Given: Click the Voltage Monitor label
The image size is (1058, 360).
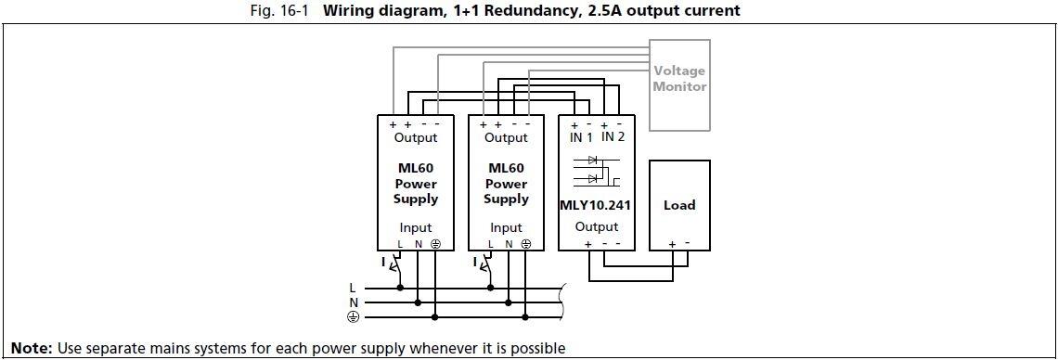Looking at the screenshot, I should tap(679, 78).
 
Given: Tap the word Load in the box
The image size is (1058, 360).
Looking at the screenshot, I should tap(679, 205).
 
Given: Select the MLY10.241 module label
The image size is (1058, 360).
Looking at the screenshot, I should tap(595, 205).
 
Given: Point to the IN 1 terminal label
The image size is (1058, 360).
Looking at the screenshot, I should tap(582, 137).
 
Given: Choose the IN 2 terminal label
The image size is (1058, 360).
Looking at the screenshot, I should tap(613, 137).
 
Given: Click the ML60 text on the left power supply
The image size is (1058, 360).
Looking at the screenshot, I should tap(415, 169).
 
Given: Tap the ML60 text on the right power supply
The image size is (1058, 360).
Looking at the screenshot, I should tap(506, 169).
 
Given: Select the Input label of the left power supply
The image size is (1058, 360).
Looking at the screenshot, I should tap(415, 227).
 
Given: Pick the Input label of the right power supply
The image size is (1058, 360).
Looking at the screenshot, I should tap(506, 227).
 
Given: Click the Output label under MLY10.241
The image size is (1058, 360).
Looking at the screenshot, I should tap(596, 226).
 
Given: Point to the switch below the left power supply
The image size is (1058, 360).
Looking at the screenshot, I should tap(392, 265).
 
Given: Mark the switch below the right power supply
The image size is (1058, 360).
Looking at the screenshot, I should tap(483, 265).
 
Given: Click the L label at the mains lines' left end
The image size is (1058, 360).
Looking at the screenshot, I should tap(352, 288).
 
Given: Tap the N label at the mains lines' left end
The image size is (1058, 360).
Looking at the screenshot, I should tap(352, 302).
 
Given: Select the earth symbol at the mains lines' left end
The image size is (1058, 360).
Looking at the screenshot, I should tap(352, 317).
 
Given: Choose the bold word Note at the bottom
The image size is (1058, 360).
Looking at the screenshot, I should tap(30, 349).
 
